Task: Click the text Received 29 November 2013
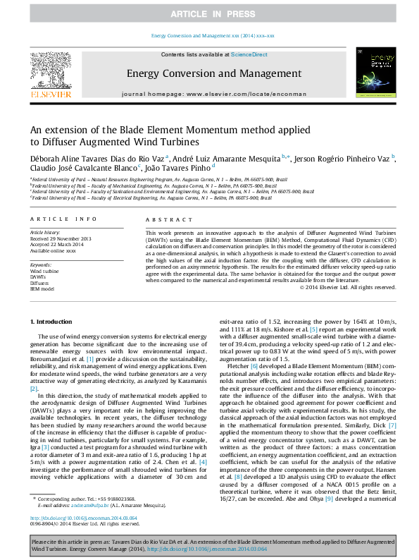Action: pyautogui.click(x=61, y=238)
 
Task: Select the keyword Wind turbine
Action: pyautogui.click(x=44, y=271)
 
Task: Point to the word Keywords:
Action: pyautogui.click(x=41, y=264)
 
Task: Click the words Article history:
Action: pyautogui.click(x=46, y=231)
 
